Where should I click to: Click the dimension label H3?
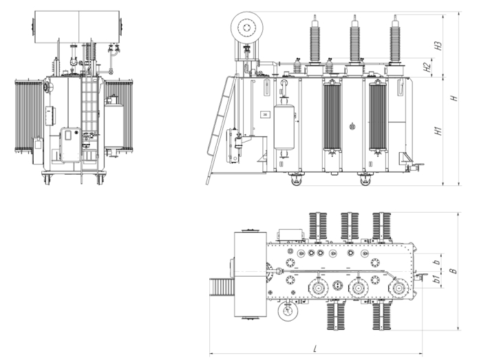coord(438,45)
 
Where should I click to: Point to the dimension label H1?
coord(438,131)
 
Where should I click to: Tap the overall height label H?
coord(454,98)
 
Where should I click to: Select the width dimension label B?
coord(454,271)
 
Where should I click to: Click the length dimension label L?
coord(316,348)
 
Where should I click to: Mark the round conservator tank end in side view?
coord(247,28)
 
